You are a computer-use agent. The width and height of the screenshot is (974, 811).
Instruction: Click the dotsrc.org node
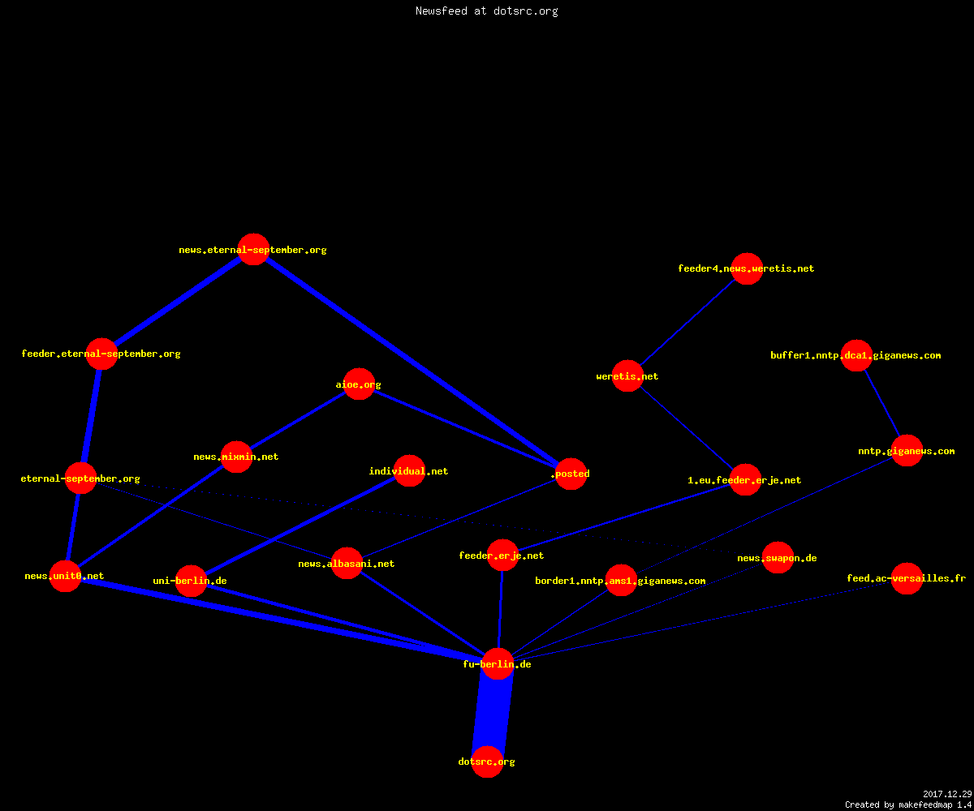488,762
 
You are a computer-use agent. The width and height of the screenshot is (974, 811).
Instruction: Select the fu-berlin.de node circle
498,663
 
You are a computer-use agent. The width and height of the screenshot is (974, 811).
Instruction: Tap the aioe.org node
359,384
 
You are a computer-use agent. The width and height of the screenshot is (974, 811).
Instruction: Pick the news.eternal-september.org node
253,249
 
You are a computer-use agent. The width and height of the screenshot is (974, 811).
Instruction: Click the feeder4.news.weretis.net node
747,268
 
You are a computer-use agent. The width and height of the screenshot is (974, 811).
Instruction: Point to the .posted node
571,474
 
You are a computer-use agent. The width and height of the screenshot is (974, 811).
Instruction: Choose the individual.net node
409,470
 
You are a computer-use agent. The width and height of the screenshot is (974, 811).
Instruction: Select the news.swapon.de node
778,557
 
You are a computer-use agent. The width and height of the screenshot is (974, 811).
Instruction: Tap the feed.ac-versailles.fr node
907,578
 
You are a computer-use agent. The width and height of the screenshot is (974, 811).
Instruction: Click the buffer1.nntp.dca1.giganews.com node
856,356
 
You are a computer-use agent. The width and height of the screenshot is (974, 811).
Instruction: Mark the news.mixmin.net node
236,457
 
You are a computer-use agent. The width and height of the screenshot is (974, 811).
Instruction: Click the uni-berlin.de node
192,581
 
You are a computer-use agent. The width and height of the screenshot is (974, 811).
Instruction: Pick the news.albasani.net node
347,563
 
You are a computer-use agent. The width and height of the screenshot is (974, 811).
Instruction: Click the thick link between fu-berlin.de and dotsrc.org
493,713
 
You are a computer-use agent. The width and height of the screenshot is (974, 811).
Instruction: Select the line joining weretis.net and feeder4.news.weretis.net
687,323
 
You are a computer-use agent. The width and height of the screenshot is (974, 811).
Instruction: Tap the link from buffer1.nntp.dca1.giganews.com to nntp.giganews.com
881,403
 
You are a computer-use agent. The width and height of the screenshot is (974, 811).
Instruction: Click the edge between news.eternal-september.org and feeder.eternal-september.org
177,302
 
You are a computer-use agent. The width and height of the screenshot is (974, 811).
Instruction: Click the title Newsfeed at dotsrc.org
486,11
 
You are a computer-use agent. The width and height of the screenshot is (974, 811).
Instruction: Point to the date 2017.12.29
947,794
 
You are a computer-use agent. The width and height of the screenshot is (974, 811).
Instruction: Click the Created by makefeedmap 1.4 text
908,805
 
